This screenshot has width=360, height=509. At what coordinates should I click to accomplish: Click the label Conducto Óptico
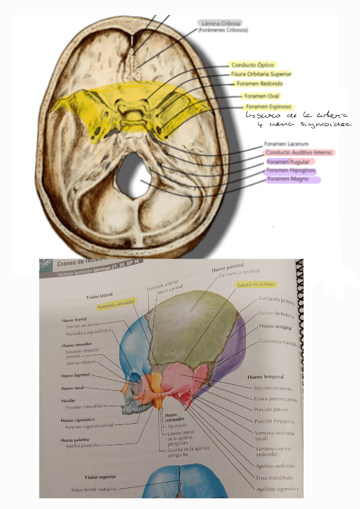click(x=252, y=65)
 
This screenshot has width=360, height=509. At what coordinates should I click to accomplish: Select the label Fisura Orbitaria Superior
click(x=261, y=74)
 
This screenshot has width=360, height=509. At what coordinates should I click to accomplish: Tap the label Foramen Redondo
click(x=259, y=84)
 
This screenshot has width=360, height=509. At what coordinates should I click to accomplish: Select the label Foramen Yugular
click(x=288, y=162)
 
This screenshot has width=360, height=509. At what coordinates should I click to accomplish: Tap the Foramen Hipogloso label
click(x=291, y=171)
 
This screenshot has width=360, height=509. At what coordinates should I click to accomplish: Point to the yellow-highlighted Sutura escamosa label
click(x=256, y=285)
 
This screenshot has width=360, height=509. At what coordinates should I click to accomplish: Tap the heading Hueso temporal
click(x=265, y=377)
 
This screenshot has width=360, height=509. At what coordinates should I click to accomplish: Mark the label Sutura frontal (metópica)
click(x=95, y=490)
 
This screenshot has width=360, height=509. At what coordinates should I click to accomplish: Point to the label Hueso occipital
click(x=274, y=327)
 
